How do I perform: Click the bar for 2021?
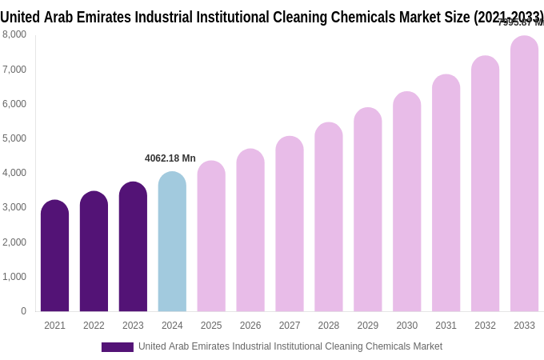[54, 256]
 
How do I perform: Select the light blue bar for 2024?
[172, 242]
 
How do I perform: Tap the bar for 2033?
[524, 174]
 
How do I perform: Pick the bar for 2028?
[328, 217]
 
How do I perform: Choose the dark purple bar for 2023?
[133, 246]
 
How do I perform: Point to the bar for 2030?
[406, 202]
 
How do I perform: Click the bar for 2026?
[250, 230]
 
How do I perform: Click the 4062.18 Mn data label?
[170, 158]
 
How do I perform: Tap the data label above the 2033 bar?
[521, 22]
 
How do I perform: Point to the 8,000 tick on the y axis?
[14, 34]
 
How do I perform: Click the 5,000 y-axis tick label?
[14, 138]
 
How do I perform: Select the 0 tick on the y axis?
[23, 311]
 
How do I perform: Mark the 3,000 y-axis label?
[14, 207]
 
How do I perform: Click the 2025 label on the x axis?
[211, 326]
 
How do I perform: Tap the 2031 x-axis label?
[446, 326]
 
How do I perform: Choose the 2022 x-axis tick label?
[94, 326]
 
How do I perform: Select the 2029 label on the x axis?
[367, 326]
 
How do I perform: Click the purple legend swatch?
[118, 347]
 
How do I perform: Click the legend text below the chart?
[290, 346]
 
